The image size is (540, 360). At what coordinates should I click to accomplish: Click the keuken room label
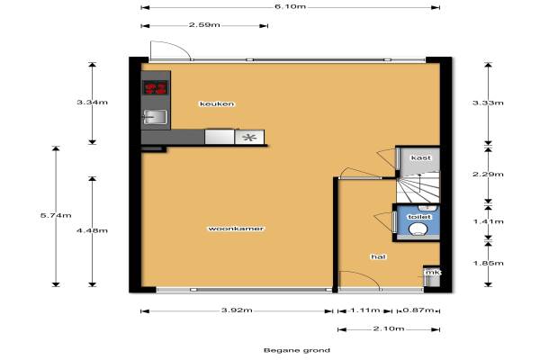click(x=217, y=103)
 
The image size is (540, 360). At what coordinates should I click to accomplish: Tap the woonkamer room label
click(x=236, y=229)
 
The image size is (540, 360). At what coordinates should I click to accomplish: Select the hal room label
click(x=378, y=256)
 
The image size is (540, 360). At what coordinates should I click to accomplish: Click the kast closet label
click(x=421, y=157)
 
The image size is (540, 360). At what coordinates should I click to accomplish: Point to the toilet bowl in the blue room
click(x=418, y=229)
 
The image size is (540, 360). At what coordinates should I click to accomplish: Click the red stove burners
click(x=156, y=88)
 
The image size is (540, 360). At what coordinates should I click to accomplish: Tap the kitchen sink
click(x=155, y=117)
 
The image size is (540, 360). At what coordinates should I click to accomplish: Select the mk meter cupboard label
click(x=433, y=273)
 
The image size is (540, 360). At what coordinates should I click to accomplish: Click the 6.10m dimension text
click(x=290, y=6)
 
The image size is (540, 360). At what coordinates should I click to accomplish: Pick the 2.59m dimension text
click(x=204, y=25)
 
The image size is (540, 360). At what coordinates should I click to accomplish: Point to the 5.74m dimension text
click(x=56, y=216)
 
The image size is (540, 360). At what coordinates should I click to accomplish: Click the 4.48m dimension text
click(x=92, y=230)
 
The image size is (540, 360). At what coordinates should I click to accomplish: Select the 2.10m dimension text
click(x=389, y=328)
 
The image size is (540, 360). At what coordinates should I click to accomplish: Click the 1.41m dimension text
click(x=489, y=221)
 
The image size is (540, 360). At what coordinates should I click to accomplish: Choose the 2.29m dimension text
click(x=488, y=175)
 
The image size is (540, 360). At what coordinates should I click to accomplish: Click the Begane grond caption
click(x=297, y=351)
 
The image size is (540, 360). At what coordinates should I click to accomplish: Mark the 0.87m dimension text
click(x=418, y=310)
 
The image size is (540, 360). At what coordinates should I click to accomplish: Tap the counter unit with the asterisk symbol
click(x=249, y=137)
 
